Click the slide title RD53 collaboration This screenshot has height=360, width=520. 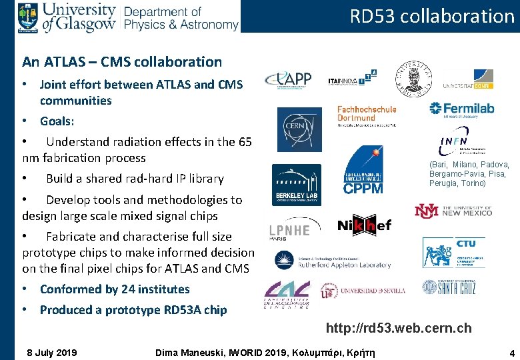click(432, 16)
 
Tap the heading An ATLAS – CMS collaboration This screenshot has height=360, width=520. click(122, 62)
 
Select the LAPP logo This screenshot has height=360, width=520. click(288, 79)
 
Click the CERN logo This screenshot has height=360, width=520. click(299, 129)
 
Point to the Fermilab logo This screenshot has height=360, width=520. click(462, 109)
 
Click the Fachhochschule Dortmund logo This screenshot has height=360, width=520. click(367, 115)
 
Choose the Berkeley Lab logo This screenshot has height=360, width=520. click(296, 185)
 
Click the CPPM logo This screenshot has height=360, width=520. click(363, 171)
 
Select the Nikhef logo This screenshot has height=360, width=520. click(364, 225)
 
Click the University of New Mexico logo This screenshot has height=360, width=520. click(453, 211)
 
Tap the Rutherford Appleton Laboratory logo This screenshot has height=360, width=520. click(333, 261)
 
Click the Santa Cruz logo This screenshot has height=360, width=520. click(449, 287)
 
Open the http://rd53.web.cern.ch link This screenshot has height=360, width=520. click(398, 328)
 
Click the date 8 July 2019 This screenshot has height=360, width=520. click(51, 352)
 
